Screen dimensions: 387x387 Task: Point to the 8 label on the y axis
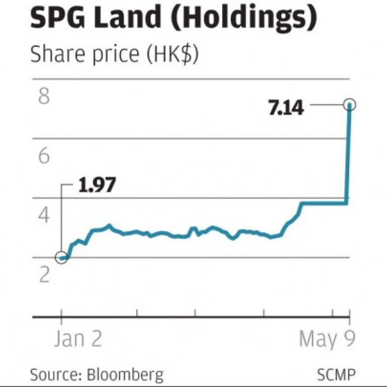pos(44,97)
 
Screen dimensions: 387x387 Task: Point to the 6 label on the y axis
pos(44,156)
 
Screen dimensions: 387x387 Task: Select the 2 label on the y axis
pos(44,275)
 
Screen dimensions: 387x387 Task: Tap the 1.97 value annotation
pos(97,185)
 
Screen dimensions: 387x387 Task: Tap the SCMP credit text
pos(336,374)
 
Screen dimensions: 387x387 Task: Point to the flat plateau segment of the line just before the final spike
pos(322,203)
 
